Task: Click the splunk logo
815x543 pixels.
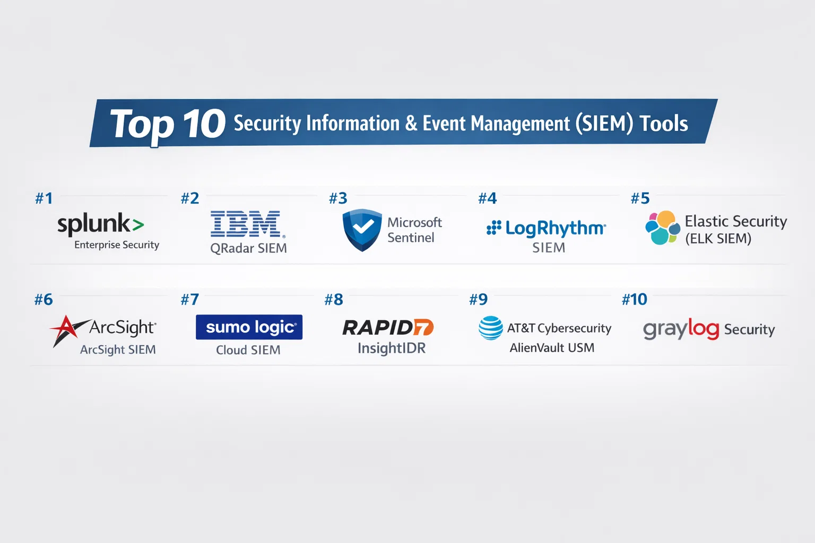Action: click(x=100, y=224)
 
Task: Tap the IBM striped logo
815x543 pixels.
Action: click(x=246, y=224)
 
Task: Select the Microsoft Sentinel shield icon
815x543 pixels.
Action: click(x=362, y=229)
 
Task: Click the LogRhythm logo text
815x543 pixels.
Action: click(x=554, y=229)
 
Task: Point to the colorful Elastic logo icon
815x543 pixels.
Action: click(x=662, y=227)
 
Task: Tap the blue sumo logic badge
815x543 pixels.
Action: click(x=249, y=327)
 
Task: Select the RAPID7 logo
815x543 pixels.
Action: click(x=388, y=328)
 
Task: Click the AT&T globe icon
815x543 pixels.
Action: click(x=490, y=328)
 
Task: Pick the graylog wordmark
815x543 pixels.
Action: click(x=681, y=329)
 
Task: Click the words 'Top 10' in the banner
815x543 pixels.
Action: click(x=168, y=124)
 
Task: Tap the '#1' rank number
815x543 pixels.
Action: click(x=44, y=198)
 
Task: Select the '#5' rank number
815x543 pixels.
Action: click(x=640, y=198)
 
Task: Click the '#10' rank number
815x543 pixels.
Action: click(x=635, y=300)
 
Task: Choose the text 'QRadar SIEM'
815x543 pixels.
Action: click(x=248, y=248)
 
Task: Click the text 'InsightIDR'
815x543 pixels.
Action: click(x=392, y=348)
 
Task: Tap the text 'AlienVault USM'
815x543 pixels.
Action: click(x=552, y=348)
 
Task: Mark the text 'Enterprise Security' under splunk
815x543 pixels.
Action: click(x=117, y=245)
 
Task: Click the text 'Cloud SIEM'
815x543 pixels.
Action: click(x=248, y=350)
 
